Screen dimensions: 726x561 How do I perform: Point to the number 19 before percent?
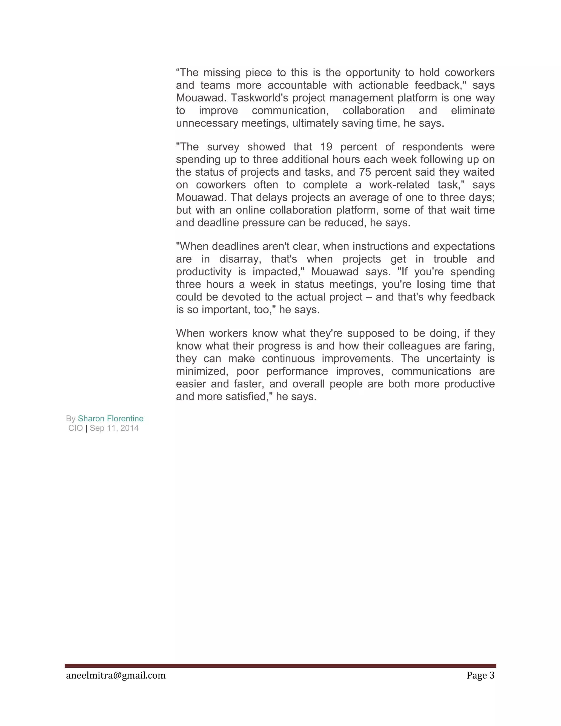(326, 147)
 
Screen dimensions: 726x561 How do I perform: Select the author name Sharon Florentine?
(111, 419)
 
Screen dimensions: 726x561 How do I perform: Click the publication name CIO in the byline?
(75, 428)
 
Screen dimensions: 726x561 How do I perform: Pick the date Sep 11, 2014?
(114, 428)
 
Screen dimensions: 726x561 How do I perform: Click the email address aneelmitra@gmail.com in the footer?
(116, 676)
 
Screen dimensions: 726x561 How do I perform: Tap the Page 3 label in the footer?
(480, 676)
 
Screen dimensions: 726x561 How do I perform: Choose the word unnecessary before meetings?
(207, 123)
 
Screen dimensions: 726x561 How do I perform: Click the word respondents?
(432, 147)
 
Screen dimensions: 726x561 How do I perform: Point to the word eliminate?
(473, 111)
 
